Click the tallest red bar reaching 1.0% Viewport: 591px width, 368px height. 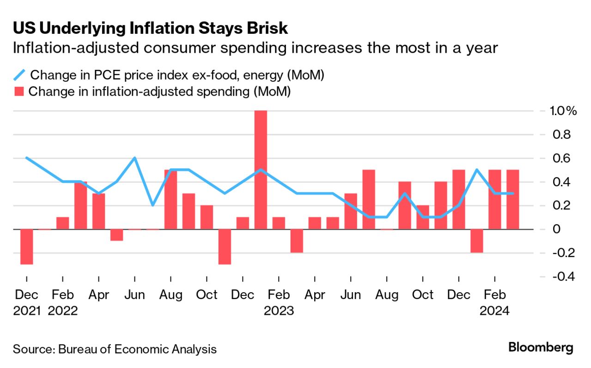[x=261, y=169]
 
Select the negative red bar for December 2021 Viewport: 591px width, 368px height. [x=27, y=246]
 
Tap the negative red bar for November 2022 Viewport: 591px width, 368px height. [x=225, y=246]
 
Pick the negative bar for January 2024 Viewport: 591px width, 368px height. [x=476, y=240]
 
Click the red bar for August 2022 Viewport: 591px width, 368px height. [x=171, y=199]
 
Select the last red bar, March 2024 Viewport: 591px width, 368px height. [x=512, y=199]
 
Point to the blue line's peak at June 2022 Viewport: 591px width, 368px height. [x=134, y=158]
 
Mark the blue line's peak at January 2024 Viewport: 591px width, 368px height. [x=476, y=170]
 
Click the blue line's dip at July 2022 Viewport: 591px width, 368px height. [x=152, y=205]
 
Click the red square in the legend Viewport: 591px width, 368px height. [x=19, y=91]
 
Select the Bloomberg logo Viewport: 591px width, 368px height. [x=541, y=347]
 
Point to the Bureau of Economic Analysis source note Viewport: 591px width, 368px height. [x=115, y=349]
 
